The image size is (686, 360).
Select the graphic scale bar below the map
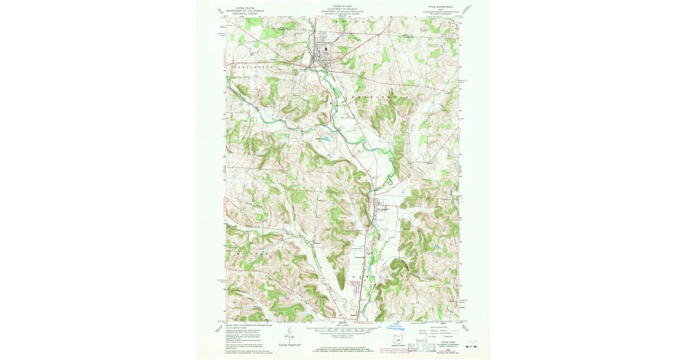343,330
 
